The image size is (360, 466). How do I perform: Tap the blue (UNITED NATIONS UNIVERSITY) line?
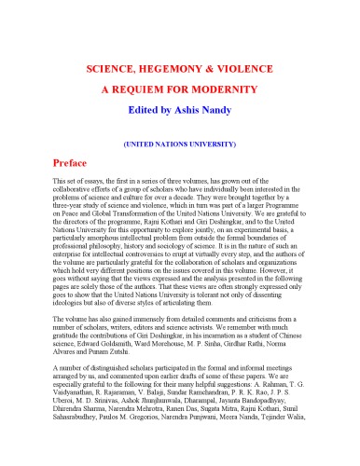(180, 144)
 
